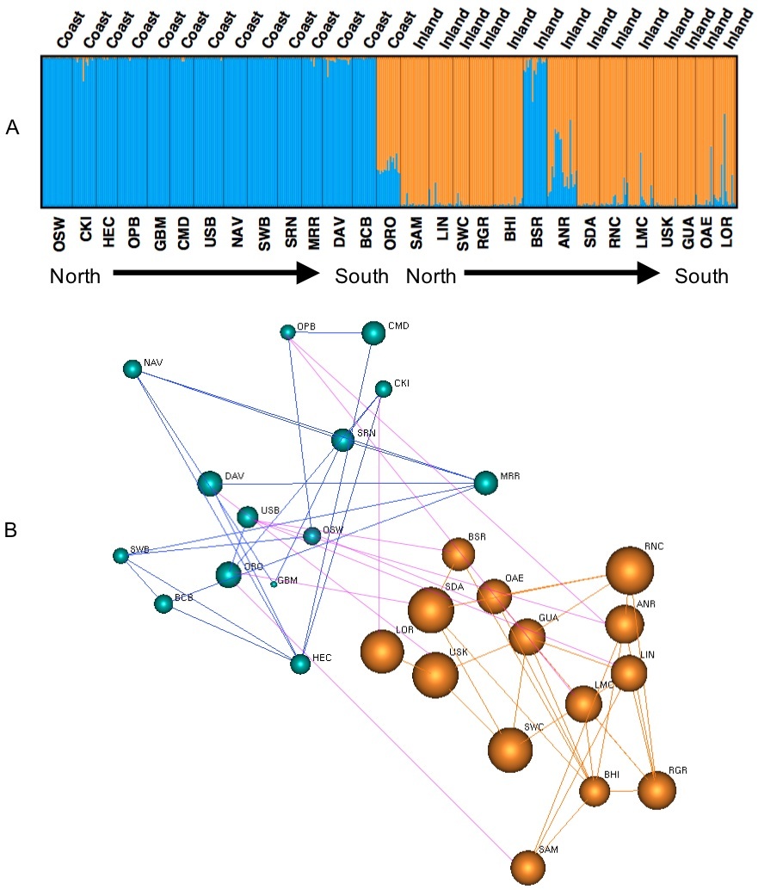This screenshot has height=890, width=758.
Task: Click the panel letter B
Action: coord(11,530)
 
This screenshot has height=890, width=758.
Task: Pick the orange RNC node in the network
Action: coord(630,570)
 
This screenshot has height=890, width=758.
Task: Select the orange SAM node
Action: coord(527,868)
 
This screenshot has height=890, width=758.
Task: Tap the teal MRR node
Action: coord(485,483)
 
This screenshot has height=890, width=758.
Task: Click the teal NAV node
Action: coord(132,369)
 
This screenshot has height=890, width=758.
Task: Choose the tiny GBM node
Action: coord(274,584)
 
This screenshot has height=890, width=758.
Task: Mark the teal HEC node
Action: coord(299,664)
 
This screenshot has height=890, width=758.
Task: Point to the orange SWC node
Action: coord(510,750)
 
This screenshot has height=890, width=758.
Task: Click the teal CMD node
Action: coord(373,333)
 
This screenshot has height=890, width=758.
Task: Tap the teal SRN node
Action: coord(342,440)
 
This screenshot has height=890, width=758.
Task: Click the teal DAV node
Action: coord(210,484)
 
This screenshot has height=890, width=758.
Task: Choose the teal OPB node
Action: coord(287,332)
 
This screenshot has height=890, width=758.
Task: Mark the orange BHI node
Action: coord(595,791)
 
